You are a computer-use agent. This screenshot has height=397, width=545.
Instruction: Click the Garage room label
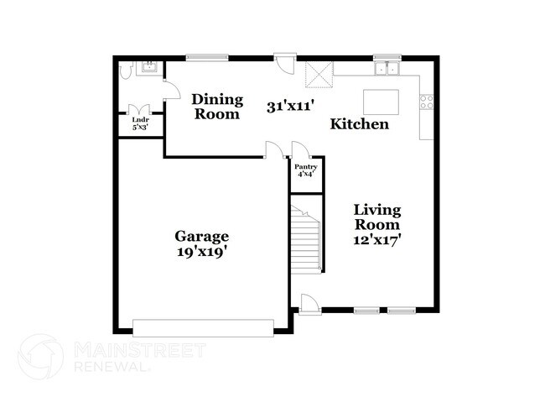click(x=201, y=236)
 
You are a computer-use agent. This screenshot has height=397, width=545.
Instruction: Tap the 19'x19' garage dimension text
click(x=201, y=250)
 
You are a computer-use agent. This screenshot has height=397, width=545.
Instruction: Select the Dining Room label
click(x=218, y=107)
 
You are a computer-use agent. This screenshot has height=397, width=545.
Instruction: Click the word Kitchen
click(x=359, y=124)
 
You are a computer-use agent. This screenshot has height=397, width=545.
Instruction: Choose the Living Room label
click(x=376, y=217)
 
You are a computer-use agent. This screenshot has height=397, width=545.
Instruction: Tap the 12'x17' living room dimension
click(x=376, y=239)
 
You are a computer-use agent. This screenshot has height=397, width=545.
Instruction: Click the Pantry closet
click(x=305, y=170)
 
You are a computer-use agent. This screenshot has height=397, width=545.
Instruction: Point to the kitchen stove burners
click(x=427, y=102)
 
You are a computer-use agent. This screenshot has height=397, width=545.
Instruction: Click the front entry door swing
click(x=308, y=301)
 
